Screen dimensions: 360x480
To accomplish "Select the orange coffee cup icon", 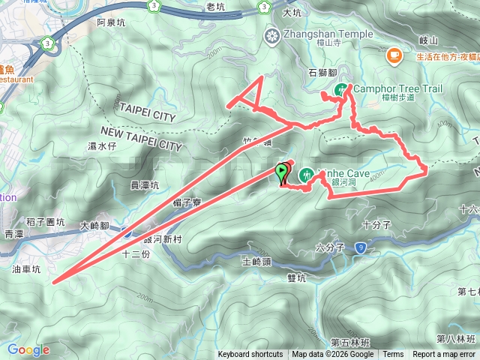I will (393, 55).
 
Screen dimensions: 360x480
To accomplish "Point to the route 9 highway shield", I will (361, 246).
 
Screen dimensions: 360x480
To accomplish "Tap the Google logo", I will (28, 349).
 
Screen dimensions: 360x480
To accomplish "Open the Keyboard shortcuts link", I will (250, 355).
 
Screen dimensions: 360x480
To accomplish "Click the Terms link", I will (393, 355).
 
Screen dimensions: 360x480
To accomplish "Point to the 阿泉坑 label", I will (112, 22).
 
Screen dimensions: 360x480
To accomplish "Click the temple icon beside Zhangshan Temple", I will (271, 34).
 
